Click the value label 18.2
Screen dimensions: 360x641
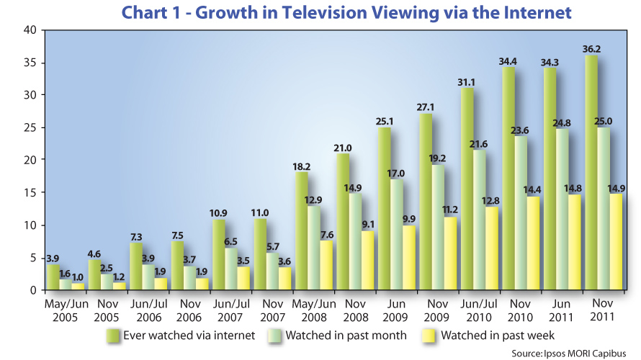point(302,166)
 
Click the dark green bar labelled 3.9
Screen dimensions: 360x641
point(53,277)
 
